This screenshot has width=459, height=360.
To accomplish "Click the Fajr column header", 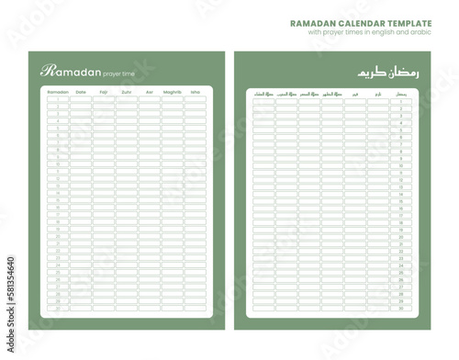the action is click(x=103, y=92).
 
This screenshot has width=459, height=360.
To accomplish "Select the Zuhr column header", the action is click(x=126, y=92).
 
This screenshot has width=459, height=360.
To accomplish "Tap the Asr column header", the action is click(x=149, y=92).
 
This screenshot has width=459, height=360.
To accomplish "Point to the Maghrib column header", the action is click(x=172, y=92).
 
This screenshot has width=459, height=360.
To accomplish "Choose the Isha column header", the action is click(x=195, y=92).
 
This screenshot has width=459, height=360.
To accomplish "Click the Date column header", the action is click(x=80, y=92).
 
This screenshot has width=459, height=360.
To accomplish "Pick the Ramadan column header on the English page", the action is click(x=57, y=92).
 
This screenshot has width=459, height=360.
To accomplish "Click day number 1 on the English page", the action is click(x=57, y=100).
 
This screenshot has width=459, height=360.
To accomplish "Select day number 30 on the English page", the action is click(x=57, y=309).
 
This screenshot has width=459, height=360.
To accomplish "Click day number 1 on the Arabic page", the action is click(x=401, y=101).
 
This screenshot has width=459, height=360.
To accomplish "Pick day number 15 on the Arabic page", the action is click(x=401, y=204).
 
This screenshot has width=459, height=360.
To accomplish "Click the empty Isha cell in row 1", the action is click(x=195, y=100).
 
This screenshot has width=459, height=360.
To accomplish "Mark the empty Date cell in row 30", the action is click(x=80, y=309).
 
